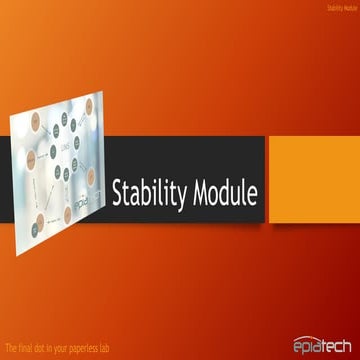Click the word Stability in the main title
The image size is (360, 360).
(x=147, y=189)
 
